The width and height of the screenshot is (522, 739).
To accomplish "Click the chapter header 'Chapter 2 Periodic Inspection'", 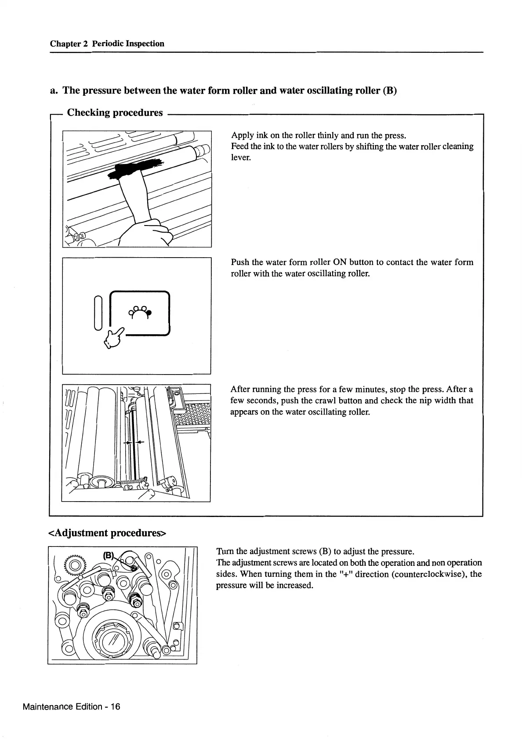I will [107, 44].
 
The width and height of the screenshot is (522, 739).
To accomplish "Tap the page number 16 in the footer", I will [115, 706].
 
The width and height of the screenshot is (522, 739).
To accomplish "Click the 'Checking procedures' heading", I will [115, 113].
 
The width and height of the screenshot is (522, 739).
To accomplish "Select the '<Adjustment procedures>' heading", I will [108, 533].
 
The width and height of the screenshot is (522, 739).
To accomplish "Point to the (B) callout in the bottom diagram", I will [109, 555].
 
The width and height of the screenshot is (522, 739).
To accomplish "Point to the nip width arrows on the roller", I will [132, 442].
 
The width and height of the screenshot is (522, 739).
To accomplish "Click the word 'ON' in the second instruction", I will [340, 262].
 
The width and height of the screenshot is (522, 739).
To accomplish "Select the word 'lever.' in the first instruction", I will [241, 157].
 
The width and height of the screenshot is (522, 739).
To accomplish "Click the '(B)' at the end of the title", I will [390, 91].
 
